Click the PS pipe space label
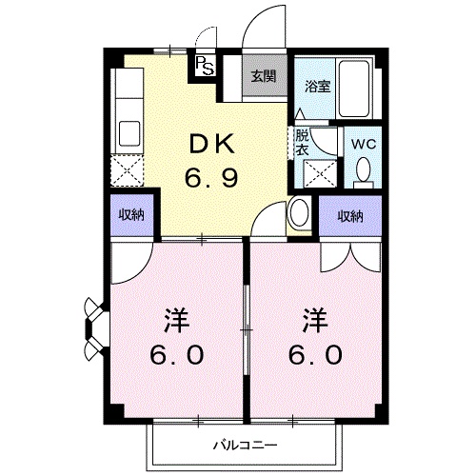[205, 66]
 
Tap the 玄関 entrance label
[264, 76]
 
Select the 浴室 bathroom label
[317, 87]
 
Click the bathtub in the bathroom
[355, 89]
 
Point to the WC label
[363, 144]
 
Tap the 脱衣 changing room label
[302, 143]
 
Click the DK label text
[211, 145]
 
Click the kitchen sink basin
[129, 133]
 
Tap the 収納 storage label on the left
[131, 215]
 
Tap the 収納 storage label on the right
[350, 216]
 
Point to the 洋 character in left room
[177, 321]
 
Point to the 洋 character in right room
[315, 321]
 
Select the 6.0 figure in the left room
[176, 354]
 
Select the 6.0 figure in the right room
[315, 354]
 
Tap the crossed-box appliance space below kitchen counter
[127, 171]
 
